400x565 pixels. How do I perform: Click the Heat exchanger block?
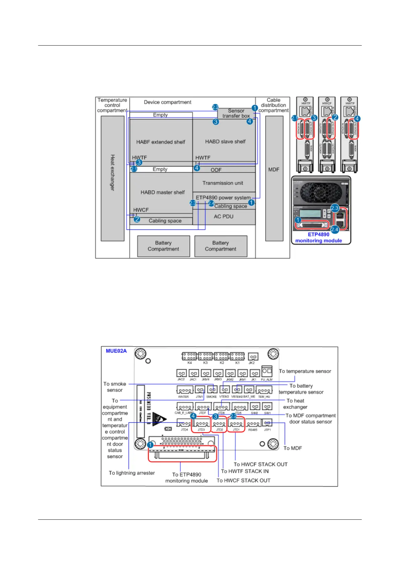[x=113, y=178]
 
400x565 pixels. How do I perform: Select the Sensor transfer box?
[x=236, y=113]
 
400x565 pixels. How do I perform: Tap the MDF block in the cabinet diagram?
[x=274, y=178]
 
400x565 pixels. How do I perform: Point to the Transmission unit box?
[x=223, y=183]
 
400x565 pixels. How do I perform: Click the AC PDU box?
[x=224, y=217]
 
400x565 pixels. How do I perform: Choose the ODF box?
[x=216, y=170]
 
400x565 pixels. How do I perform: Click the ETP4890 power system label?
[x=223, y=198]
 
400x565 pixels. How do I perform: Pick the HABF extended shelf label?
[x=161, y=142]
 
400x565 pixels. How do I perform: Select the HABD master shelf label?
[x=163, y=192]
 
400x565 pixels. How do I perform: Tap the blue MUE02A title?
[x=116, y=351]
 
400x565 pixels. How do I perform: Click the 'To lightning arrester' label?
[x=132, y=473]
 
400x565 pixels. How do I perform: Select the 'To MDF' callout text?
[x=293, y=448]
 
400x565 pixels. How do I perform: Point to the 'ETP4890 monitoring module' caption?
[x=318, y=238]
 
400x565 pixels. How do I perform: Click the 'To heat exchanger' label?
[x=295, y=404]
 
